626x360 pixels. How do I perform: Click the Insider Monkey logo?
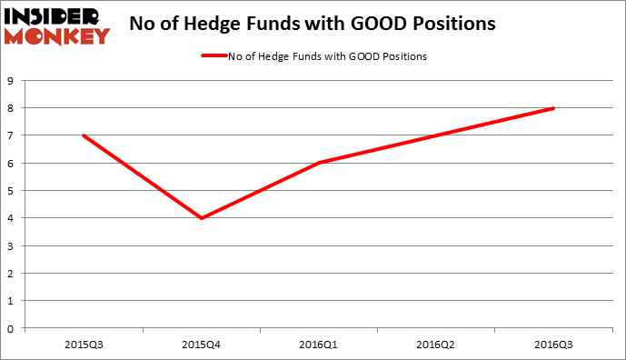56,25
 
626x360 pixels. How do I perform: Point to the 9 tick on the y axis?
15,81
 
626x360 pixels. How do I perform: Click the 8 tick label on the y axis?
15,108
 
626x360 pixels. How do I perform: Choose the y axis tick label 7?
15,135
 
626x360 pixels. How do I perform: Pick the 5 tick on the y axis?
15,191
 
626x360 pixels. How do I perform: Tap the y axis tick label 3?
15,246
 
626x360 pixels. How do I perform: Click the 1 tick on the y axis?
15,301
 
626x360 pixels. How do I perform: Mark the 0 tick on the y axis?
15,329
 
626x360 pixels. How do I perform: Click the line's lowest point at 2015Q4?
201,218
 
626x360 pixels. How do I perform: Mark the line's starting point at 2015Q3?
84,135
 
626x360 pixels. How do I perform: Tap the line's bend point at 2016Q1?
319,163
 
